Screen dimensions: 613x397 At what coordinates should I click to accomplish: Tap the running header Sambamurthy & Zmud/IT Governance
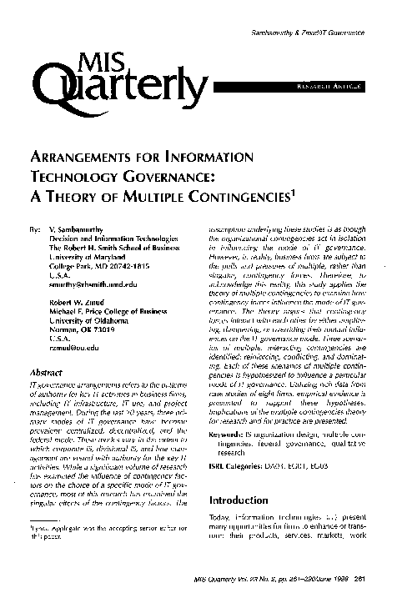coord(321,31)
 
